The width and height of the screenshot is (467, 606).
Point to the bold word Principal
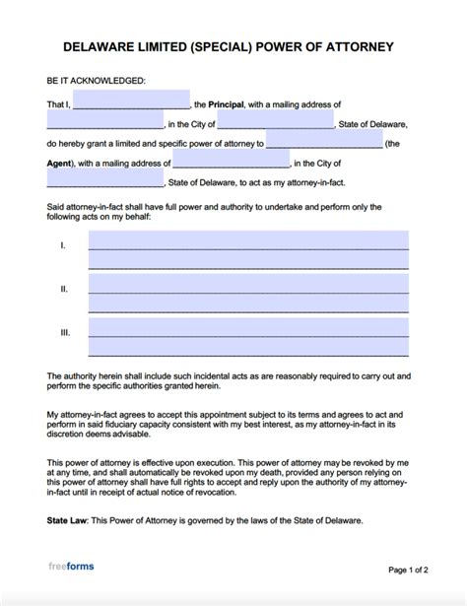coord(227,103)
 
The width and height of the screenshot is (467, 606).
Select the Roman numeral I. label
coord(63,243)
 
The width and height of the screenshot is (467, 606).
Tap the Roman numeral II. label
coord(64,289)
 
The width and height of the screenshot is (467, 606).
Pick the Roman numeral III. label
coord(65,333)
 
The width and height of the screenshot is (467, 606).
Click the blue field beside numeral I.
coord(248,249)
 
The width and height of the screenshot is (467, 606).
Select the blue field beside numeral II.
coord(248,294)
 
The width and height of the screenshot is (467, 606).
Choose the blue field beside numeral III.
coord(248,338)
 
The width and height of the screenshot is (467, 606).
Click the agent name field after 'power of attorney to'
coord(324,143)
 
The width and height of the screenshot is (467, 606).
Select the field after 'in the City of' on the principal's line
coord(275,122)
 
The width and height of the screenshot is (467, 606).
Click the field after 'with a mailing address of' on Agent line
coord(231,163)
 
